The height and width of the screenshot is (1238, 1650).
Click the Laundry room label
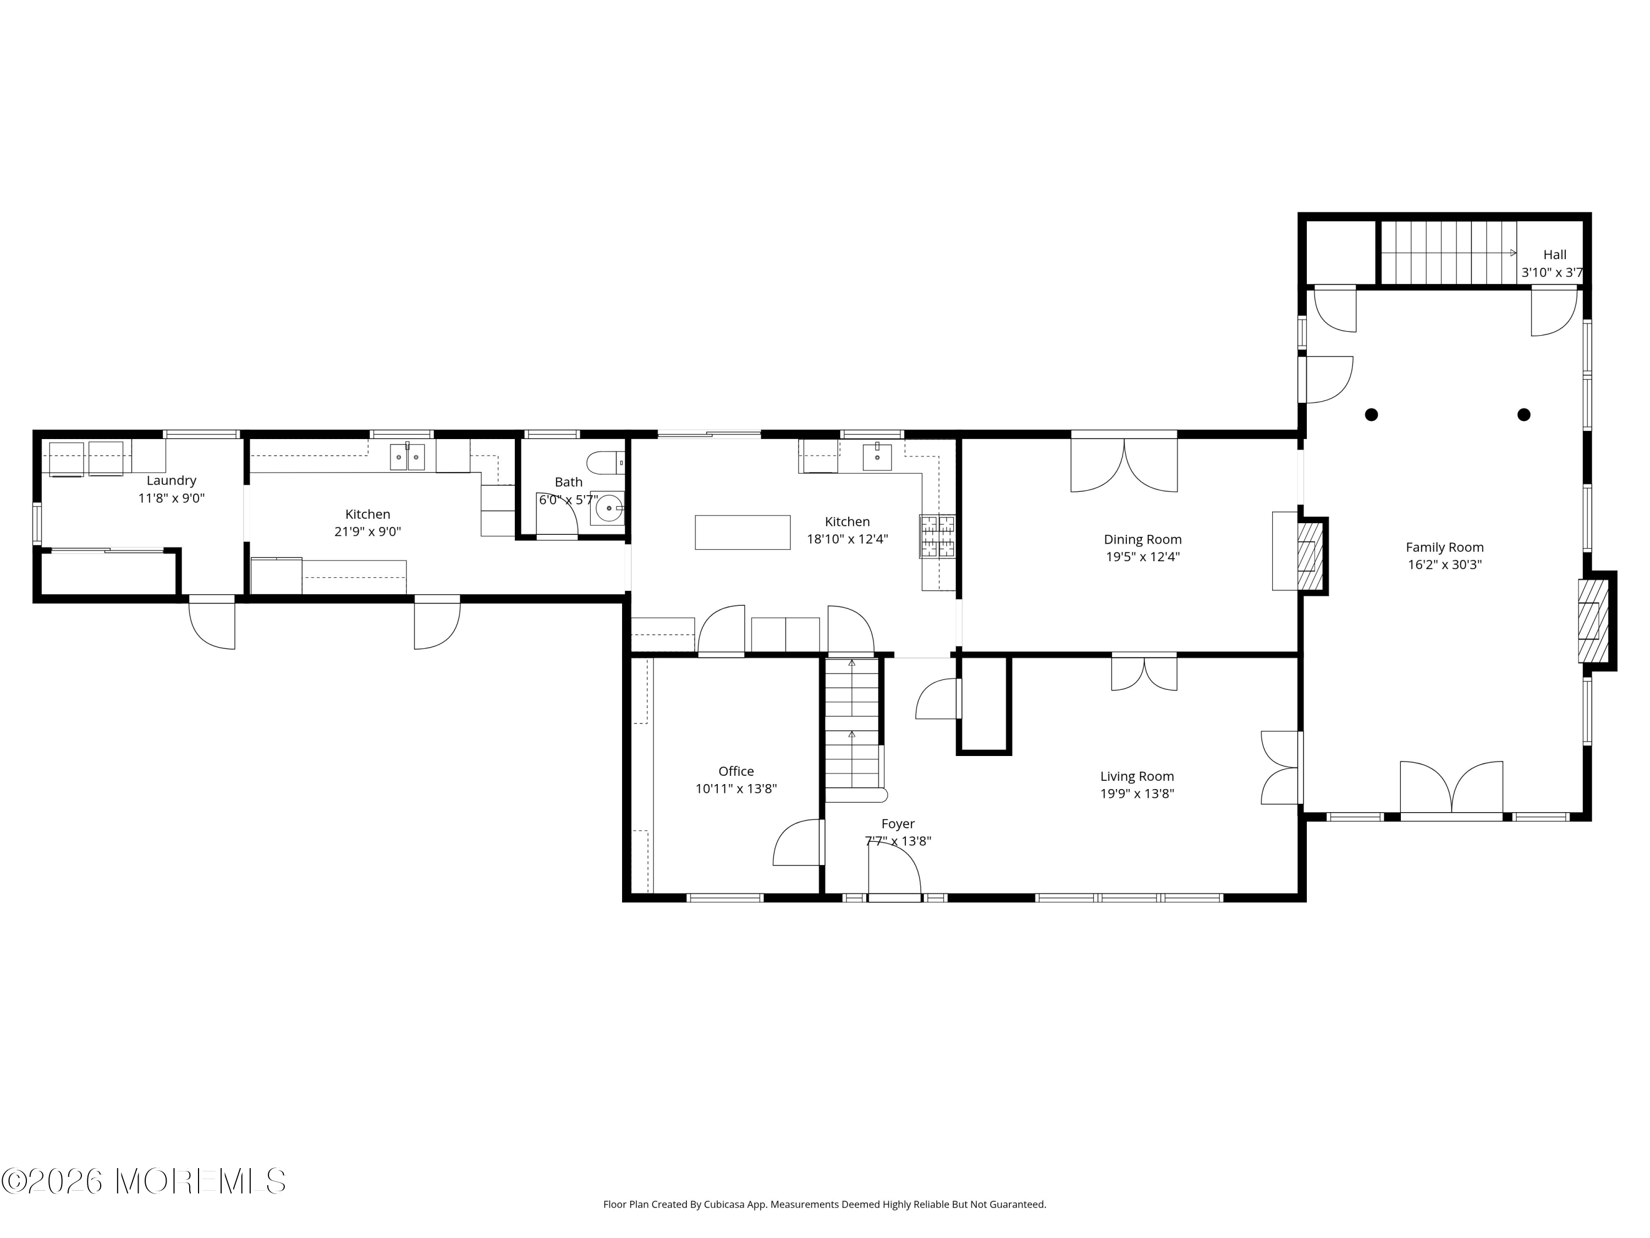(171, 480)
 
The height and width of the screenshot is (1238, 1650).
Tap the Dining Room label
(1143, 540)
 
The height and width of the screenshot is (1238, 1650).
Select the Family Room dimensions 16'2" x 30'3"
(1444, 565)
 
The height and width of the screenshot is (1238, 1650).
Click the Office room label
(736, 771)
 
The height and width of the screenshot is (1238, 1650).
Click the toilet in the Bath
(606, 463)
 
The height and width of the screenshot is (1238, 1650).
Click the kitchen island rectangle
(742, 533)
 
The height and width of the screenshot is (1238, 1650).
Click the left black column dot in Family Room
(1371, 415)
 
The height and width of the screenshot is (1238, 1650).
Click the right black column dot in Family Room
(1524, 415)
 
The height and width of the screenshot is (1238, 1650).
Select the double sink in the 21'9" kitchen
(408, 457)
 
